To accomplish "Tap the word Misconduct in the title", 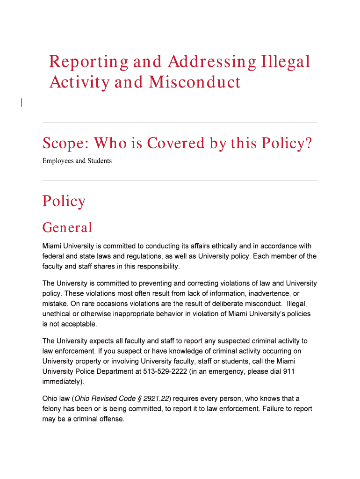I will (194, 82).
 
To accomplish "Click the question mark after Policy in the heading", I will (308, 143).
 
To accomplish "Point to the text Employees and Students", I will (77, 161).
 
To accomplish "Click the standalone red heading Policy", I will (64, 201).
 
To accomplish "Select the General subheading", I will (67, 228).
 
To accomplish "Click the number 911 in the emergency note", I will (288, 371).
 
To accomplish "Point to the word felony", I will (53, 409).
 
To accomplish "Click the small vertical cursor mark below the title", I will (21, 103).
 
